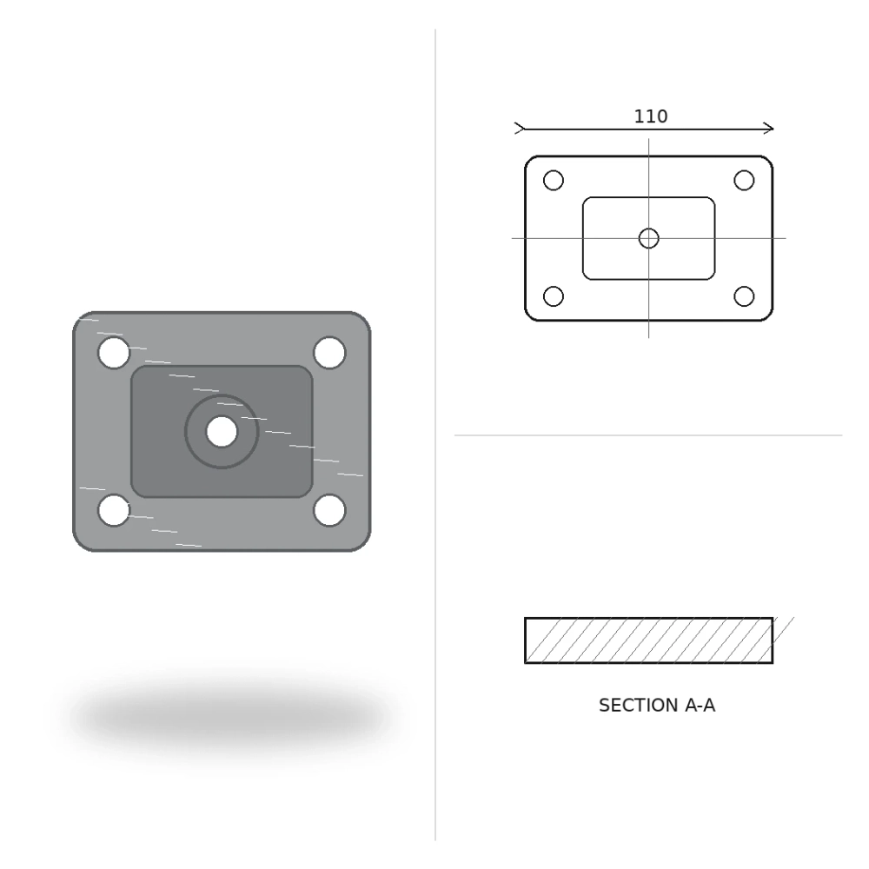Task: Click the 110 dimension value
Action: (651, 116)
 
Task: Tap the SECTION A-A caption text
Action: (657, 706)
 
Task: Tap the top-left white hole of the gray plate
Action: (114, 353)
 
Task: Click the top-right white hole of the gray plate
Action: (329, 353)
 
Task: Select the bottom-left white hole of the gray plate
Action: (114, 510)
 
